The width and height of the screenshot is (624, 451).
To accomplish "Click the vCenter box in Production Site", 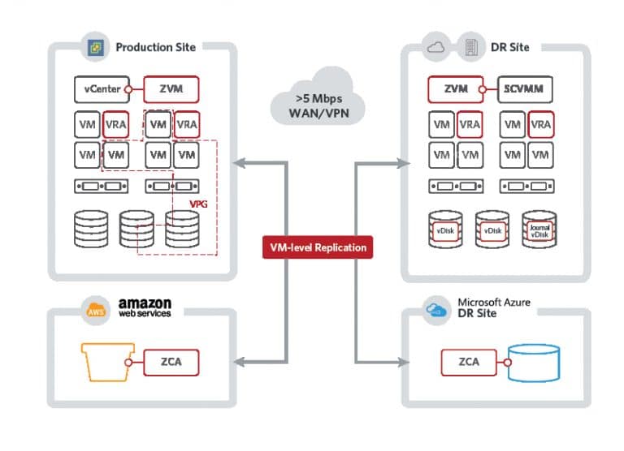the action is pyautogui.click(x=102, y=89).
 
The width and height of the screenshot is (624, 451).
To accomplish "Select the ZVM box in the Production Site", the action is pyautogui.click(x=171, y=89).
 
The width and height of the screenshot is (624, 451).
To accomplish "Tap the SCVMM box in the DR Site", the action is pyautogui.click(x=525, y=89).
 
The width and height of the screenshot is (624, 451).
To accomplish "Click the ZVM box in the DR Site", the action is pyautogui.click(x=456, y=89).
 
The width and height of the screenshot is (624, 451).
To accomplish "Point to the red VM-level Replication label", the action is pyautogui.click(x=318, y=247).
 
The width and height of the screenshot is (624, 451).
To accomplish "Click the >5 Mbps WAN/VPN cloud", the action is pyautogui.click(x=318, y=97).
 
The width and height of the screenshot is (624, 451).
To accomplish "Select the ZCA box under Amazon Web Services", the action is pyautogui.click(x=171, y=363).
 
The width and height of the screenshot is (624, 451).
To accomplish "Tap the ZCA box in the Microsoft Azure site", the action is pyautogui.click(x=469, y=363).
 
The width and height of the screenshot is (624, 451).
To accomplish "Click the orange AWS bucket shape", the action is pyautogui.click(x=107, y=362).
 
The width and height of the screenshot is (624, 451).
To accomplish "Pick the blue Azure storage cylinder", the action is pyautogui.click(x=534, y=363).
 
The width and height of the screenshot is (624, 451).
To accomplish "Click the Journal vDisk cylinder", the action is pyautogui.click(x=539, y=230).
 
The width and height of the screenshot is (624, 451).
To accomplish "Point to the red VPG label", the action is pyautogui.click(x=198, y=204).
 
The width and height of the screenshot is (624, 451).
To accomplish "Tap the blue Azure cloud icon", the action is pyautogui.click(x=436, y=310).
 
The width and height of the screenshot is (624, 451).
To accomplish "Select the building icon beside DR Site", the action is pyautogui.click(x=471, y=47).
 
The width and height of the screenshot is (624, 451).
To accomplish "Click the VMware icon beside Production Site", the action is pyautogui.click(x=96, y=48).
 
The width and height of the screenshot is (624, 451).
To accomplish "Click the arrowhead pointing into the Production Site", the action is pyautogui.click(x=239, y=163).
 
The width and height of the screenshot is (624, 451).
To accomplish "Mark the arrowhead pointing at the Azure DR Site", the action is pyautogui.click(x=404, y=362).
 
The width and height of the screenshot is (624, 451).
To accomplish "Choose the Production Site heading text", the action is pyautogui.click(x=156, y=47).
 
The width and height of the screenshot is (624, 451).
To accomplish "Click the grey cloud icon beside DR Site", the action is pyautogui.click(x=435, y=48).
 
